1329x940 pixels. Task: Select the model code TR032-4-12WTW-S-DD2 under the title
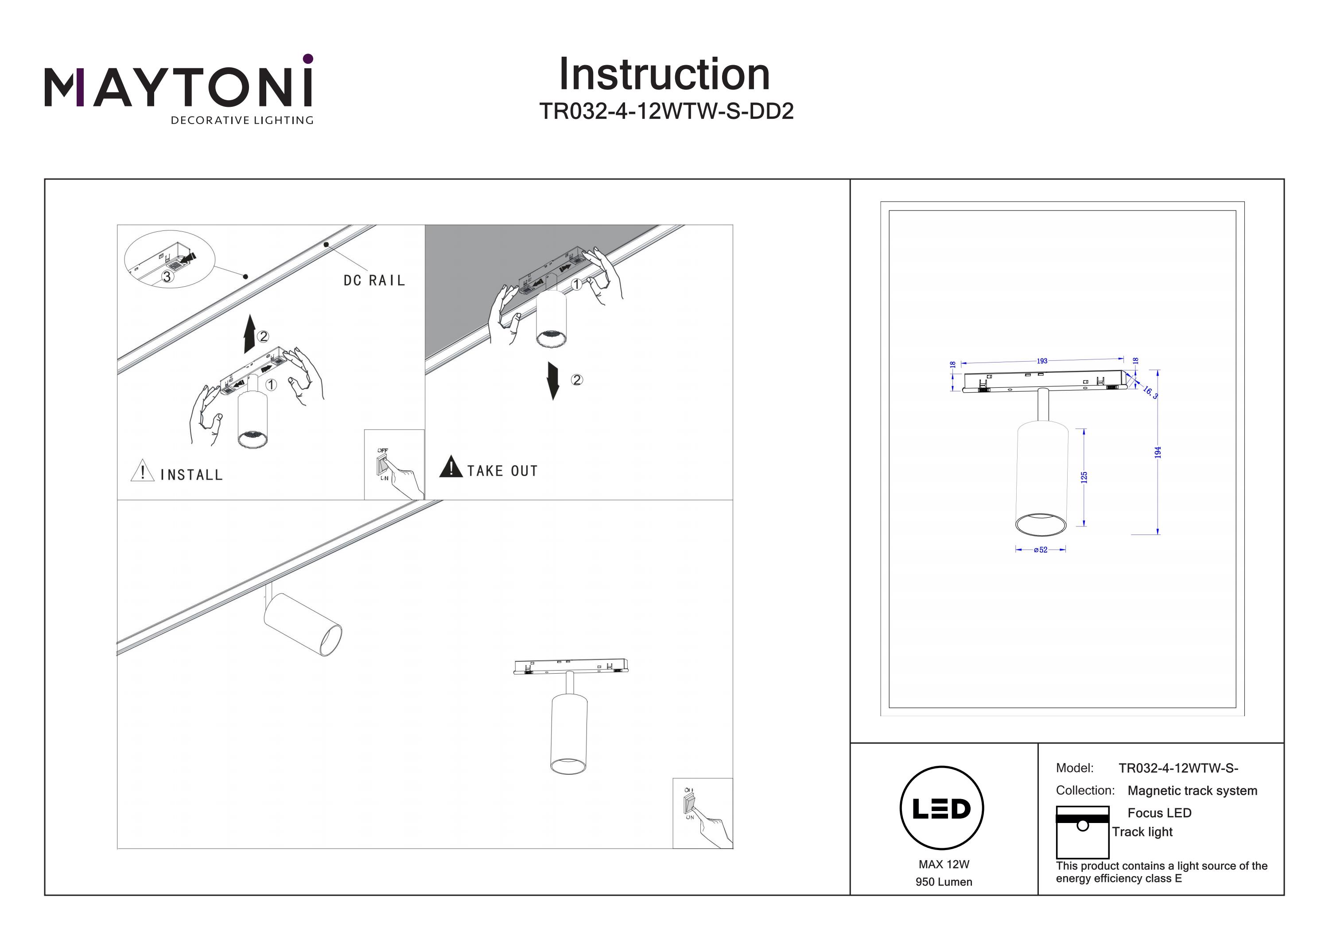tap(666, 111)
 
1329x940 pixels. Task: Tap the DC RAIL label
tap(374, 281)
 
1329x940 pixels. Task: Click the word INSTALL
tap(191, 475)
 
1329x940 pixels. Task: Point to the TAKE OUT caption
tap(502, 471)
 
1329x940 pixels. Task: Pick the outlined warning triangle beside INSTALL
tap(142, 471)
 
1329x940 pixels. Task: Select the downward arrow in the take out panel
tap(553, 381)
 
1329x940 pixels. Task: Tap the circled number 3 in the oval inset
tap(167, 277)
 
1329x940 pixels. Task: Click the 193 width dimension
tap(1042, 361)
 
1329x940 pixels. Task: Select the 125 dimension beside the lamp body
tap(1084, 477)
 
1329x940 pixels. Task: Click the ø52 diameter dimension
tap(1041, 550)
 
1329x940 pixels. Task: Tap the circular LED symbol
tap(942, 808)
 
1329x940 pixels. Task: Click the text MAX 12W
tap(944, 864)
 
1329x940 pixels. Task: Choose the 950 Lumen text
tap(944, 881)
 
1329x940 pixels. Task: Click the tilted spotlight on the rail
tap(303, 624)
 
